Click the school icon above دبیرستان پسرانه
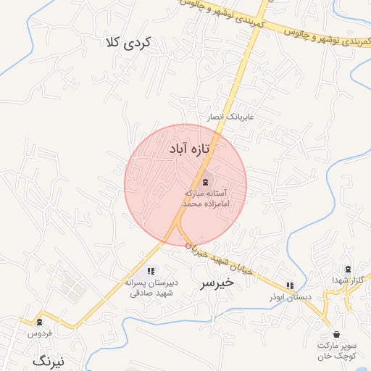coord(151,271)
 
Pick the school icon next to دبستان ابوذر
coord(291,285)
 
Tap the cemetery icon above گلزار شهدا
coord(347,269)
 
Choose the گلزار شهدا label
coord(351,280)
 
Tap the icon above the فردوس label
coord(39,322)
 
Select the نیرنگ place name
coord(49,359)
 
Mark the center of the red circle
coord(185,185)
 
